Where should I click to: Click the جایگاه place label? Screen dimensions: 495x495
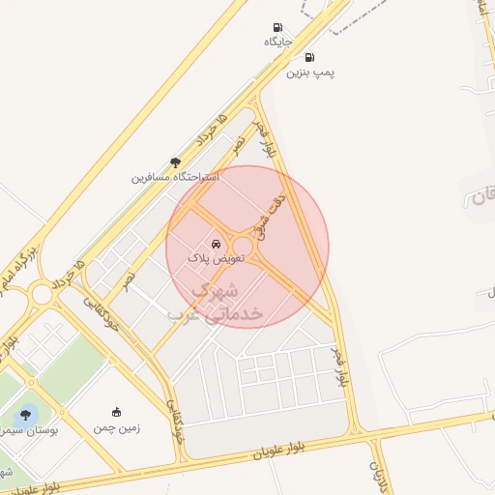tap(277, 42)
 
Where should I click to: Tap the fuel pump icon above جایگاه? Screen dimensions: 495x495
tap(278, 27)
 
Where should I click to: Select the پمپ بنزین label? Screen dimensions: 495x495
tap(314, 72)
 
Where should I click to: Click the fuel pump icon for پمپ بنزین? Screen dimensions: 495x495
tap(309, 57)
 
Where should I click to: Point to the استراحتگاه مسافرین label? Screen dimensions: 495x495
tap(176, 178)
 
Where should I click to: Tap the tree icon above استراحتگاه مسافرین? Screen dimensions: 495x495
tap(175, 163)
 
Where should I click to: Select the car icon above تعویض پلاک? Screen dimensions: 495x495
tap(217, 245)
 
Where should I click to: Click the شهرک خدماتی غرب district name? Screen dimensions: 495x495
tap(218, 302)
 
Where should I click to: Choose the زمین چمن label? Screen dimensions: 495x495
tap(117, 427)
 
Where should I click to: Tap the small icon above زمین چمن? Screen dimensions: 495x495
tap(117, 413)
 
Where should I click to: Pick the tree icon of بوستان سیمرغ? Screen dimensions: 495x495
tap(25, 415)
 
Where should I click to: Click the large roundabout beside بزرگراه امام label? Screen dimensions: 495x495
tap(41, 294)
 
